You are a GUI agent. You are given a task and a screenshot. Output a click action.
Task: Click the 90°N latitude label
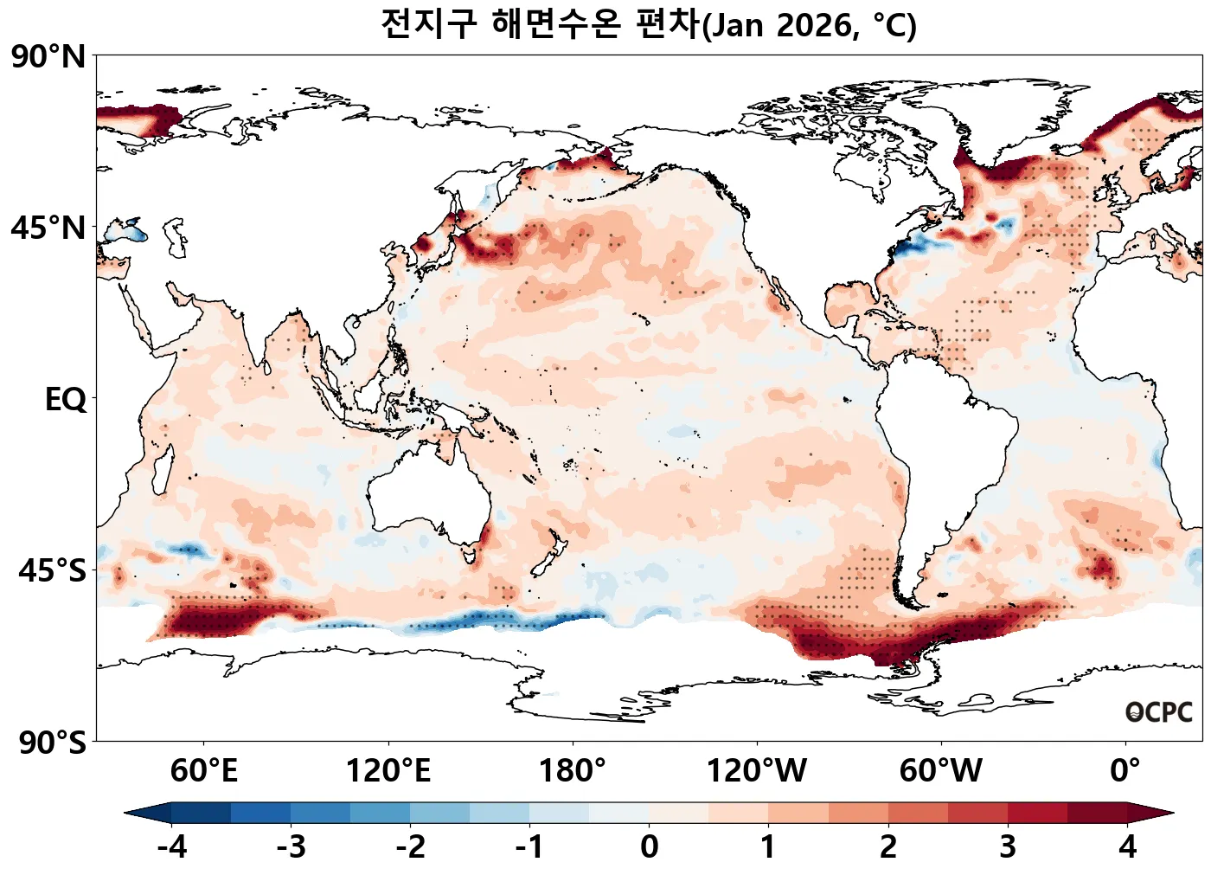point(48,57)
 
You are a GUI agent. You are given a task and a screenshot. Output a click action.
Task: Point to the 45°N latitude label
point(48,228)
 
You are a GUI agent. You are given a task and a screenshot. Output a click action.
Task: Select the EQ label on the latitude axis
point(66,400)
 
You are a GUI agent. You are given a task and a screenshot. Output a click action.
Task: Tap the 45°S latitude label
point(52,571)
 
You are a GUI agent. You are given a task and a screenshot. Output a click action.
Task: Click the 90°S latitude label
point(52,743)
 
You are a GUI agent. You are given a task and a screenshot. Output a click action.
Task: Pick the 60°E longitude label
point(203,770)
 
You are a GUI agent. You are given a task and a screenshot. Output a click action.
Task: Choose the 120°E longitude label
point(388,770)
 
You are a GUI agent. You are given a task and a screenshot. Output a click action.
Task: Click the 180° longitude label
point(573,770)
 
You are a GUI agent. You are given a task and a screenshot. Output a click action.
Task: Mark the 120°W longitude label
point(757,770)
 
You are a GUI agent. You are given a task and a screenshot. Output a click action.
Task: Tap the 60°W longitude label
point(941,770)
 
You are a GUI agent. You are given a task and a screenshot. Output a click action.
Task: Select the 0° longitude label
point(1125,770)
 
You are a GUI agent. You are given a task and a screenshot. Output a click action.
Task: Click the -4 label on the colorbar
point(171,846)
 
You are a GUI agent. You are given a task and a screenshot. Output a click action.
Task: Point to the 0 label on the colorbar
point(649,846)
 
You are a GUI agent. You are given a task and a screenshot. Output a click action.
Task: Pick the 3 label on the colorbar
point(1008,846)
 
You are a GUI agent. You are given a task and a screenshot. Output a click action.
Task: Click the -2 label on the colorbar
point(410,846)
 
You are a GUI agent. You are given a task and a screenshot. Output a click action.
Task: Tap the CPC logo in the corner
point(1159,712)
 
